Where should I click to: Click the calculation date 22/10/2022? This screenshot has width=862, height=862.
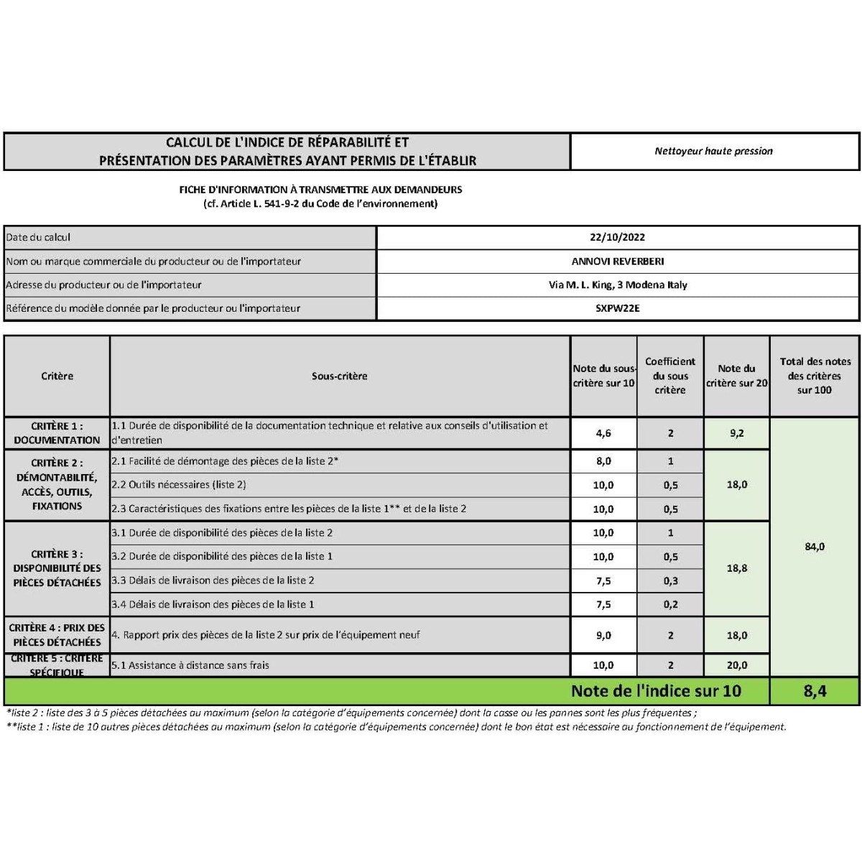click(x=618, y=237)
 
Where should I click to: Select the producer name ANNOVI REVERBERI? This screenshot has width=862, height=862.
click(x=618, y=261)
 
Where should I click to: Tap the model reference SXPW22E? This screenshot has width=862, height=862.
click(x=618, y=308)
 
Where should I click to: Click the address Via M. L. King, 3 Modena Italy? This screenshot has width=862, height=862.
click(x=618, y=285)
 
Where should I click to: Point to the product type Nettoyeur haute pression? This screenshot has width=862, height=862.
click(x=713, y=151)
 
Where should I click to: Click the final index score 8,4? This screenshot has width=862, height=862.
click(x=815, y=691)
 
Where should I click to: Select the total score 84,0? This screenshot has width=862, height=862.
click(x=815, y=547)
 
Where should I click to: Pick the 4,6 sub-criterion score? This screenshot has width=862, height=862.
click(x=603, y=433)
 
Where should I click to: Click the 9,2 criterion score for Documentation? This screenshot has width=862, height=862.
click(x=736, y=433)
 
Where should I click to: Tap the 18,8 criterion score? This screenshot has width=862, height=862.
click(x=736, y=568)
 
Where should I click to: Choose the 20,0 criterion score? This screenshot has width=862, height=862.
click(x=736, y=665)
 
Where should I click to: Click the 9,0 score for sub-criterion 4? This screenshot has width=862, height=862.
click(x=603, y=636)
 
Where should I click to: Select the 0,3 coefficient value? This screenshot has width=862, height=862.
click(x=670, y=580)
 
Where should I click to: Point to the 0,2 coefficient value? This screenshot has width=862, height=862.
click(x=670, y=605)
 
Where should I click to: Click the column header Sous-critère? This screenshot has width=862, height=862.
click(x=339, y=376)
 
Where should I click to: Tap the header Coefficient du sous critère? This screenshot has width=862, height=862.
click(x=670, y=376)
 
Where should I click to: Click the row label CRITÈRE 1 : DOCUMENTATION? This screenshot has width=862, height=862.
click(x=57, y=433)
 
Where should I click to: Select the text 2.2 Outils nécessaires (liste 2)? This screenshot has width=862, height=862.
click(x=178, y=485)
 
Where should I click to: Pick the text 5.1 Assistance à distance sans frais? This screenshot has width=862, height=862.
click(x=190, y=665)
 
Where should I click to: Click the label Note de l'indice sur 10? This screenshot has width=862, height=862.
click(x=655, y=691)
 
